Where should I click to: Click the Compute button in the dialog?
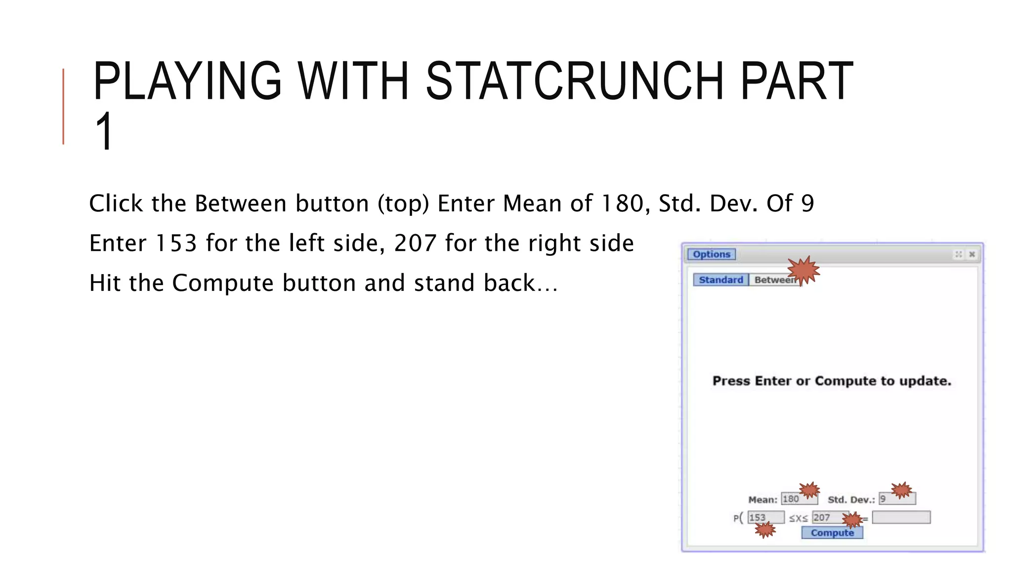coord(832,533)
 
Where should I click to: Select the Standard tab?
coord(720,280)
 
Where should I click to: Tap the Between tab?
coord(773,280)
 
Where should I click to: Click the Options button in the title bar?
coord(711,254)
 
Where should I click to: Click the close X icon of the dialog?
coord(972,254)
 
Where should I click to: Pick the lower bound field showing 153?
coord(765,517)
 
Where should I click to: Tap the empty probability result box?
coord(901,517)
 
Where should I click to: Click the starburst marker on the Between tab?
coord(803,270)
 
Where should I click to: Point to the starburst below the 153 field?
coord(765,530)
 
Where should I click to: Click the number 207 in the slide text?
coord(415,243)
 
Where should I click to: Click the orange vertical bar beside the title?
coord(63,106)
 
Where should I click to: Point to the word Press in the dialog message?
coord(731,381)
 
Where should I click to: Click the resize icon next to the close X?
coord(959,254)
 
